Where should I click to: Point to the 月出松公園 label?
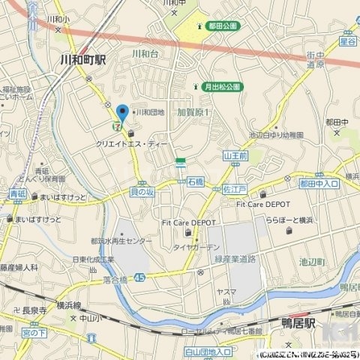tap(223, 87)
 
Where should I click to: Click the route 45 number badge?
tap(142, 277)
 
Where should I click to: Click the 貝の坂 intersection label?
tap(142, 191)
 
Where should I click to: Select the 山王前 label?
tap(235, 155)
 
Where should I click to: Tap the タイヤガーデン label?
tap(196, 247)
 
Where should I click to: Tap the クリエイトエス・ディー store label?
tap(132, 142)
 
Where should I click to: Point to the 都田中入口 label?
tap(319, 182)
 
